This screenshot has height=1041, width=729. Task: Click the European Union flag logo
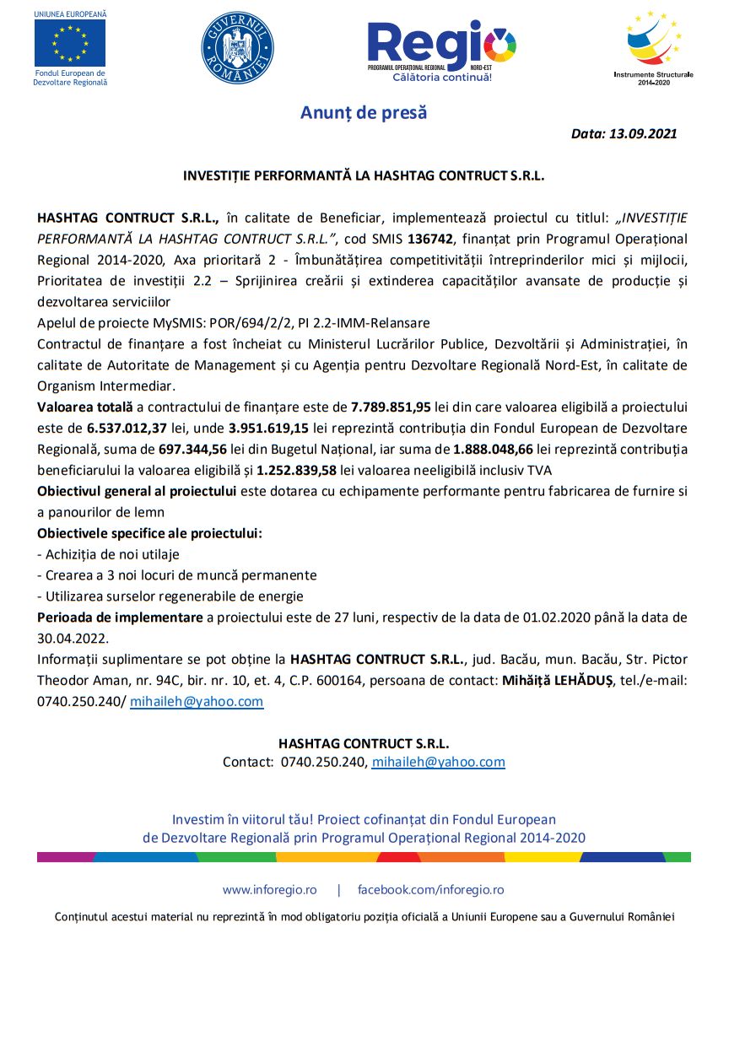tap(70, 42)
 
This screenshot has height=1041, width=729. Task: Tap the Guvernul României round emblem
tap(237, 47)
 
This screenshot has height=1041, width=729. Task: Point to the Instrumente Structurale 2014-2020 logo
tap(653, 44)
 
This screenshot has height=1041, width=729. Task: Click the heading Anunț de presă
tap(364, 112)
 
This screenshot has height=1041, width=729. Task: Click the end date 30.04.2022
tap(73, 639)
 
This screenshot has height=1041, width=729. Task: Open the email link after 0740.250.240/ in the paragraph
tap(197, 701)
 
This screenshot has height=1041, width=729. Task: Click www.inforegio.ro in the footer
tap(269, 889)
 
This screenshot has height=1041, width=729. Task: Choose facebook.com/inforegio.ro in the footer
tap(430, 889)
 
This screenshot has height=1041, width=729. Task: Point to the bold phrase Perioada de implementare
tap(120, 618)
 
